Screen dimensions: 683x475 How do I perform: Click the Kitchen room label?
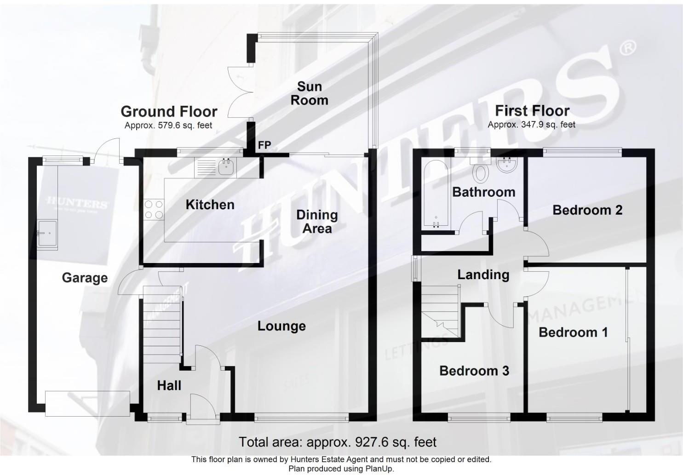[x=210, y=205]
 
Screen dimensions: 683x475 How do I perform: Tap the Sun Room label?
[x=309, y=93]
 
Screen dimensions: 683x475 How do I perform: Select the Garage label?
[x=85, y=278]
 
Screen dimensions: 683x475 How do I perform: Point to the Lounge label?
[x=281, y=326]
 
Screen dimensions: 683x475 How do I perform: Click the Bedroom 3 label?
[x=474, y=371]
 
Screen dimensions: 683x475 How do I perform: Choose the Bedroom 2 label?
[x=587, y=210]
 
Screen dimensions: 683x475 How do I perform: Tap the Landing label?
[x=483, y=275]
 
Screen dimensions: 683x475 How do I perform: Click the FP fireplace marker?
[x=264, y=145]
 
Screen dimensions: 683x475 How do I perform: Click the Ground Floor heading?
[x=169, y=111]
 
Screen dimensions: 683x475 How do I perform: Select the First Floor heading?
[x=532, y=111]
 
